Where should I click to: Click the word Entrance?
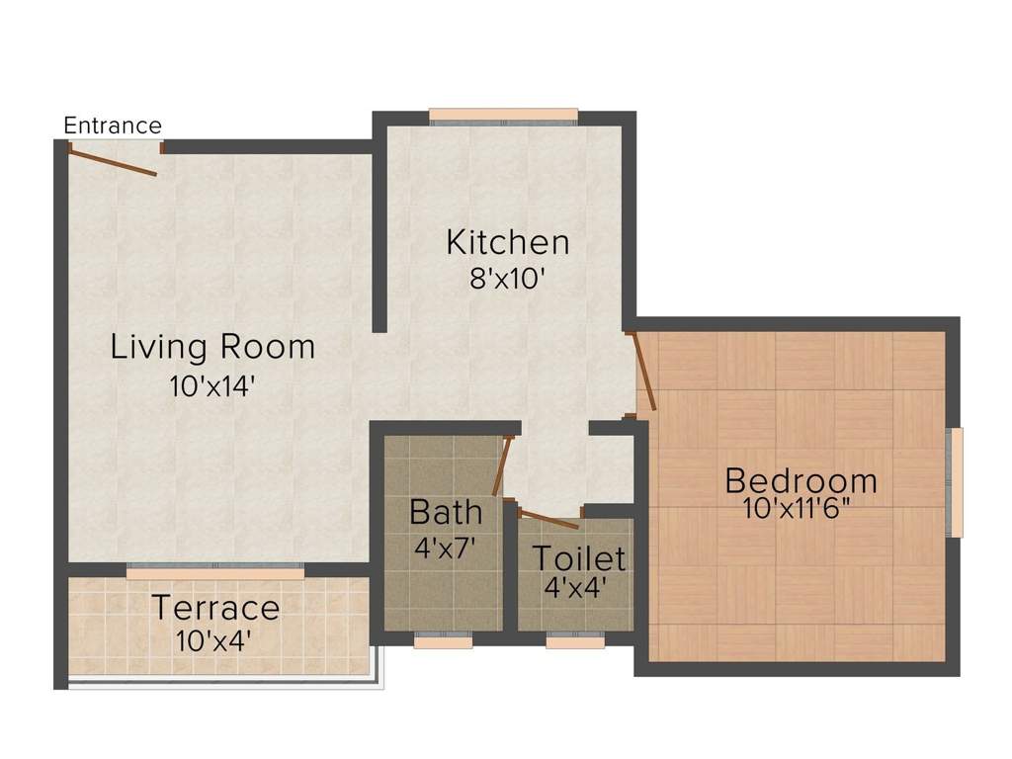tap(112, 126)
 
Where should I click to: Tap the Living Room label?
tap(212, 347)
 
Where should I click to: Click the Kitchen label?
tap(507, 242)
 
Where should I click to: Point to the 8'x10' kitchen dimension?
tap(507, 279)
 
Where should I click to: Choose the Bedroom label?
tap(801, 481)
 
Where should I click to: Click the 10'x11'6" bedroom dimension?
tap(801, 509)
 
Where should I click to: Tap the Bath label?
tap(446, 512)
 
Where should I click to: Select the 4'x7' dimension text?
tap(446, 548)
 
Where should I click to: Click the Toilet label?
tap(579, 558)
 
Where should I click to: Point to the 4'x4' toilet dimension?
tap(575, 587)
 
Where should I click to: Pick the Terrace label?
tap(214, 607)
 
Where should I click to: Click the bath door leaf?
tap(502, 466)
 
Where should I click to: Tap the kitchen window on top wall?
tap(503, 117)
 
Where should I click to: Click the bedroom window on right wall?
tap(955, 482)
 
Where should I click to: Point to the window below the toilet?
tap(575, 641)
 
